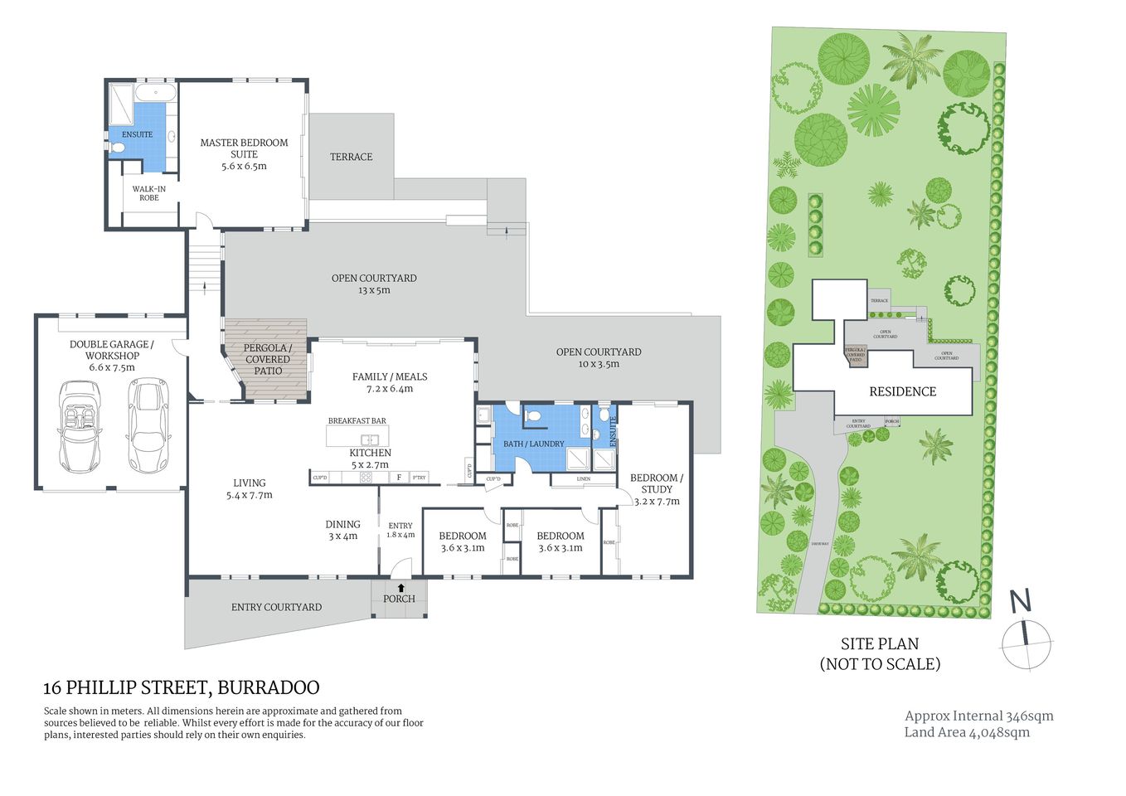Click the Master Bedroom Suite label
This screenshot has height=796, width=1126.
[x=244, y=148]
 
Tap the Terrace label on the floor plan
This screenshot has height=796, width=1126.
[x=351, y=157]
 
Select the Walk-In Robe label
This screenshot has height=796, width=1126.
[x=148, y=193]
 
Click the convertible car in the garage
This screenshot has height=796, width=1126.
[x=80, y=425]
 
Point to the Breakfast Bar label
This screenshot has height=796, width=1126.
[x=357, y=421]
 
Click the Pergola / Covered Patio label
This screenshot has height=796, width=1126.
[x=267, y=359]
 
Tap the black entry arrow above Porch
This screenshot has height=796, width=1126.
[x=401, y=588]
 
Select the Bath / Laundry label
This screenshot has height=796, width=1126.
[x=533, y=444]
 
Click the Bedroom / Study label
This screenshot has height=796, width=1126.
[x=656, y=483]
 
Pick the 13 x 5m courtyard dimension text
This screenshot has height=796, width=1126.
[x=373, y=290]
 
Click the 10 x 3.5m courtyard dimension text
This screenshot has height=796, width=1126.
[x=598, y=364]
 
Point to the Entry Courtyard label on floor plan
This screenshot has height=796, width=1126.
[x=276, y=607]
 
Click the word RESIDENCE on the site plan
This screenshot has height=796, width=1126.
[x=902, y=391]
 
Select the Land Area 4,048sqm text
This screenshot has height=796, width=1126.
[x=967, y=732]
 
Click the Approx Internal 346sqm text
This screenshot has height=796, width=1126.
[x=978, y=716]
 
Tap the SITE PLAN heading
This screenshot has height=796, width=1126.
[x=879, y=643]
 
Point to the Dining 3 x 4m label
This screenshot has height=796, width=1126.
[x=342, y=530]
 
